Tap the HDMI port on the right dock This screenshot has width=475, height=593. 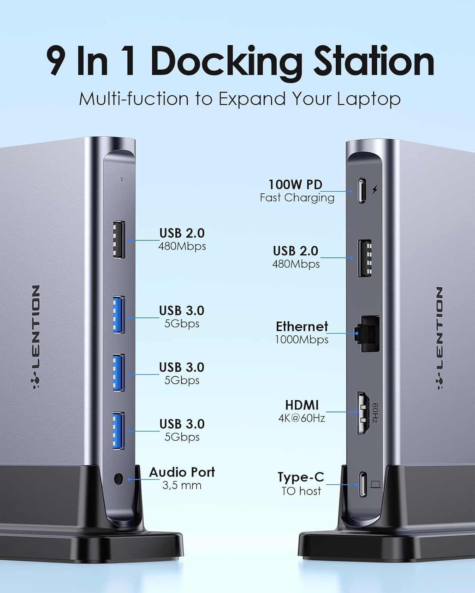tap(364, 413)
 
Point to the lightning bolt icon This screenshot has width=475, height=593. tap(375, 190)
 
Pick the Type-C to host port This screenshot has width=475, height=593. tap(363, 485)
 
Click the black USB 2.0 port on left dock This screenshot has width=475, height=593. tap(119, 240)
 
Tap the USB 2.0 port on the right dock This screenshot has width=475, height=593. tap(365, 258)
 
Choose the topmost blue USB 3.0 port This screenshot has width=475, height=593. tap(119, 315)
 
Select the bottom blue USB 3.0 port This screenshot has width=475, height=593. tap(119, 431)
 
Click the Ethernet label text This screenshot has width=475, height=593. tap(302, 326)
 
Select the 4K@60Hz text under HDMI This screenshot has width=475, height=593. tap(302, 418)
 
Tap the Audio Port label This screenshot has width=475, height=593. tap(182, 472)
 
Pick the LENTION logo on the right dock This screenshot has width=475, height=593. tap(440, 338)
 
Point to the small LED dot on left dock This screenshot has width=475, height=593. tap(121, 179)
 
